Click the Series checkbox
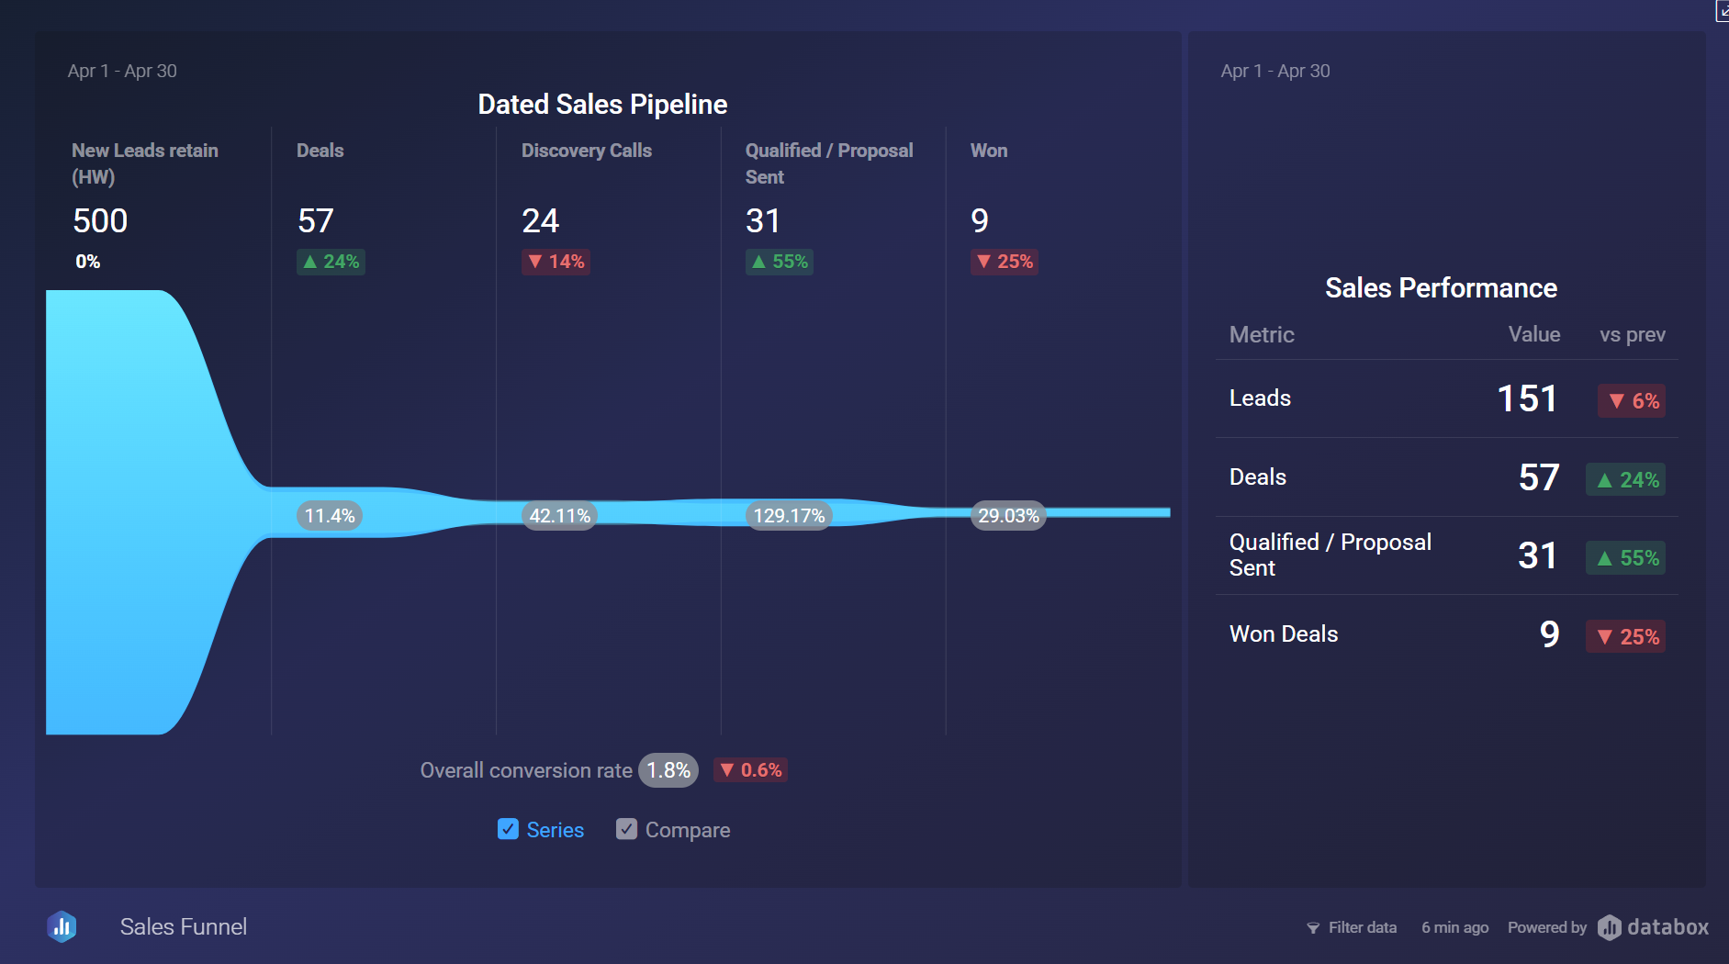pyautogui.click(x=508, y=829)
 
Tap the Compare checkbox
pyautogui.click(x=626, y=829)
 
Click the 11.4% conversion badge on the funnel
pyautogui.click(x=330, y=516)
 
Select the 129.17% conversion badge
pyautogui.click(x=789, y=516)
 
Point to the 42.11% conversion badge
pyautogui.click(x=559, y=516)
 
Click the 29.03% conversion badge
pyautogui.click(x=1008, y=516)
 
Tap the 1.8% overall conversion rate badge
pyautogui.click(x=668, y=770)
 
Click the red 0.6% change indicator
pyautogui.click(x=751, y=770)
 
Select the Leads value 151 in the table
pyautogui.click(x=1527, y=398)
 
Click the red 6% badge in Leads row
pyautogui.click(x=1633, y=401)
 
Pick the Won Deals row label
pyautogui.click(x=1283, y=634)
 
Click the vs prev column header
pyautogui.click(x=1632, y=335)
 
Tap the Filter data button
pyautogui.click(x=1352, y=927)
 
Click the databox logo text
pyautogui.click(x=1667, y=927)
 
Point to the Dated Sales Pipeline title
pyautogui.click(x=602, y=105)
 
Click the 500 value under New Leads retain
pyautogui.click(x=100, y=221)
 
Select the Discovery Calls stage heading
pyautogui.click(x=586, y=151)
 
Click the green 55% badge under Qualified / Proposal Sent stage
pyautogui.click(x=780, y=262)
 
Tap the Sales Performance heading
pyautogui.click(x=1441, y=288)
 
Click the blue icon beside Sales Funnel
pyautogui.click(x=62, y=926)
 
